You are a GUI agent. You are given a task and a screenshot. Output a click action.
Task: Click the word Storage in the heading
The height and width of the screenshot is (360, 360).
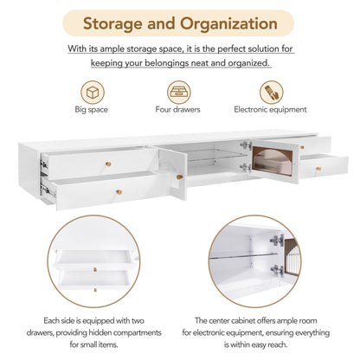coord(112,24)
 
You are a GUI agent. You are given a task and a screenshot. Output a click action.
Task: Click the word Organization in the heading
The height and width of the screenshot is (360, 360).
coord(228,23)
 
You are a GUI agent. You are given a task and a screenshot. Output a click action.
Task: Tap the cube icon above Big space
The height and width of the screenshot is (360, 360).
coord(93,93)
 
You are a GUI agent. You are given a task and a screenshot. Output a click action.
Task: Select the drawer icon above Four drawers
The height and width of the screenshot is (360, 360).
coord(179,93)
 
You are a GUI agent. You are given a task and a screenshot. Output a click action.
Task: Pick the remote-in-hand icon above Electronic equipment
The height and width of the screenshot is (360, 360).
coord(272,93)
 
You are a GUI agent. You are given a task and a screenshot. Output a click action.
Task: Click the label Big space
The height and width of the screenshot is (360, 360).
coord(91,110)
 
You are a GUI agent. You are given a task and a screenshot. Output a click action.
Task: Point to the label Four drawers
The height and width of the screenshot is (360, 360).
coord(177,109)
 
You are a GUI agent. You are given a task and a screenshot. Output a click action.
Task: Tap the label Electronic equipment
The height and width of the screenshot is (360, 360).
coord(270,110)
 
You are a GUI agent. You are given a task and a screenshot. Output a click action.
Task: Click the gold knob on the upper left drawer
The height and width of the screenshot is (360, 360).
coord(108,164)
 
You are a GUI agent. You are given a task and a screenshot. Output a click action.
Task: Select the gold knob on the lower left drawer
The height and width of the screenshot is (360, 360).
coord(119,192)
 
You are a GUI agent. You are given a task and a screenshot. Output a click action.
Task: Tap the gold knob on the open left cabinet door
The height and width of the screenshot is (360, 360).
coord(179,177)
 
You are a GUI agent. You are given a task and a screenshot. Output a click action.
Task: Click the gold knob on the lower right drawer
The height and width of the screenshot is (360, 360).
coord(318,169)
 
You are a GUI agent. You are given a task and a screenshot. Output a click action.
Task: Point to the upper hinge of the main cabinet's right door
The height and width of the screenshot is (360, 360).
coord(246,145)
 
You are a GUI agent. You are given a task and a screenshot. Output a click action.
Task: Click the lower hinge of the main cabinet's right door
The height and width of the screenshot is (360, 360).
coord(246,167)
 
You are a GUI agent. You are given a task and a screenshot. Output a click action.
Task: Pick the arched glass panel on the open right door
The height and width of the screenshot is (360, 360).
coord(273,161)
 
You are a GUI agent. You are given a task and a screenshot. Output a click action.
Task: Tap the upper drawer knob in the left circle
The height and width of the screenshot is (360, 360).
coord(95,269)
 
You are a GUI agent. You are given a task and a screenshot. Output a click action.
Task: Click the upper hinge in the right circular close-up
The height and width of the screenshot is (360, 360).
coord(277,241)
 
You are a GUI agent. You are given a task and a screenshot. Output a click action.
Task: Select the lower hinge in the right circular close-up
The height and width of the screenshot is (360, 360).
coord(278,271)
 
